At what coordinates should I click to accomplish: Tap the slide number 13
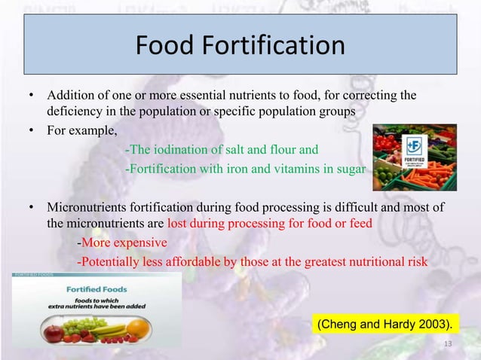pos(448,344)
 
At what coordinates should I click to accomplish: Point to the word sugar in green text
pos(350,167)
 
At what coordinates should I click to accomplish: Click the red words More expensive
pos(124,243)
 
